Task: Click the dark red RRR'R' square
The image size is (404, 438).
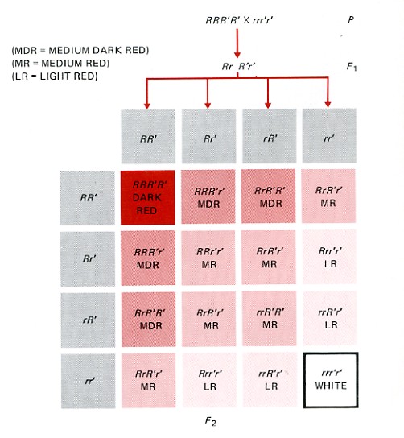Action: (x=148, y=197)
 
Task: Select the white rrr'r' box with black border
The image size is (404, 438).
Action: (x=331, y=380)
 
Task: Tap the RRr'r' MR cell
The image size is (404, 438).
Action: (x=208, y=258)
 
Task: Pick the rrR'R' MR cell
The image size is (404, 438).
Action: (x=269, y=319)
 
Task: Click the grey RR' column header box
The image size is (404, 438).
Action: (x=148, y=136)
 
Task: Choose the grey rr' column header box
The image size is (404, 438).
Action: (x=329, y=136)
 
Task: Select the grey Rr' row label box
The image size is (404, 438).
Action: (x=88, y=259)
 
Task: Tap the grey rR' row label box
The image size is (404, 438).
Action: (x=88, y=320)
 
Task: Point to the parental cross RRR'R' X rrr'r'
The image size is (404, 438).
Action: (x=239, y=20)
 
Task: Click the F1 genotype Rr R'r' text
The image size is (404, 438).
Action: (x=238, y=67)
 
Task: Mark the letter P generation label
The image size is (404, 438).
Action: (x=351, y=20)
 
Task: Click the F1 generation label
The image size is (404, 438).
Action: (x=352, y=67)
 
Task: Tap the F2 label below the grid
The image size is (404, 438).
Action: (x=210, y=421)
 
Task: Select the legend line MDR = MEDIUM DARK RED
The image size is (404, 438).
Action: (x=80, y=50)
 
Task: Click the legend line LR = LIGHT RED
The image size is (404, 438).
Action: (x=55, y=76)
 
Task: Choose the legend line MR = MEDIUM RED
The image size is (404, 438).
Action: (x=60, y=64)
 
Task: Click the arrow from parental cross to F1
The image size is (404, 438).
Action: (x=237, y=43)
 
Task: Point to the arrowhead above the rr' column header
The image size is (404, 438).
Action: (x=328, y=105)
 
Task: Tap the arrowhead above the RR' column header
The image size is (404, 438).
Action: (x=146, y=105)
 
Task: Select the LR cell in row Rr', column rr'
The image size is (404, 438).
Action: (x=330, y=257)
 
